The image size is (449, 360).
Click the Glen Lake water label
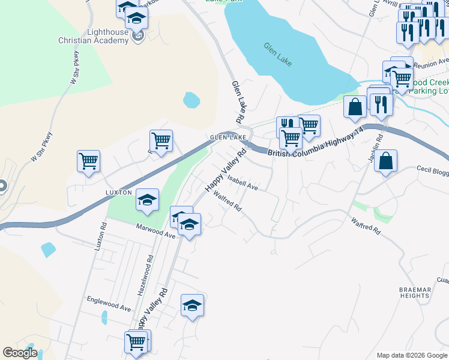pos(277,53)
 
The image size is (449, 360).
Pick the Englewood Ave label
pos(109,304)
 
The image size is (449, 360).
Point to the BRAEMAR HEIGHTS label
pos(415,293)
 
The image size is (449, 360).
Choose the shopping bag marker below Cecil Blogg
pos(385,161)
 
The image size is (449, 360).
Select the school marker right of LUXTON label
pos(147,200)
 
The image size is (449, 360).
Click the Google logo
pos(20,353)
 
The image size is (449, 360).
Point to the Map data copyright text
pos(412,355)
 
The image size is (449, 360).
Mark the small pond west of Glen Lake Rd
pos(191,99)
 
